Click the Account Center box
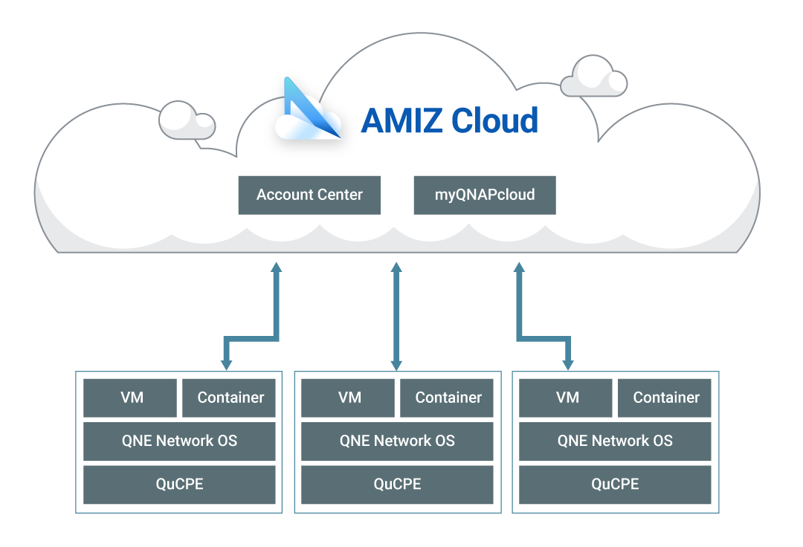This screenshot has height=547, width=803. pos(309,195)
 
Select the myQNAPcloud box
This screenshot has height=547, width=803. pos(485,195)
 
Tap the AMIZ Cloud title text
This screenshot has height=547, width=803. pos(449,120)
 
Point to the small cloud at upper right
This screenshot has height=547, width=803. pos(593,77)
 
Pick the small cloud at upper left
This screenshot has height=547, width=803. pos(187,120)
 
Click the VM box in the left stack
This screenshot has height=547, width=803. pos(131,398)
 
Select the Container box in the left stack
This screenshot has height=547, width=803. pos(230,398)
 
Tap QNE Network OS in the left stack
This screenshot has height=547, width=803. pos(179,441)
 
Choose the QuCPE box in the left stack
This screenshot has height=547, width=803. pos(179,485)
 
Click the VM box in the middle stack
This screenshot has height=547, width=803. pos(349,398)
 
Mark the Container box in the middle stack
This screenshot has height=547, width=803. pos(448,398)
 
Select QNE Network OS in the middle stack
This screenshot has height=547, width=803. pos(397,441)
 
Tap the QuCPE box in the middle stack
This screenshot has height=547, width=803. pos(397,485)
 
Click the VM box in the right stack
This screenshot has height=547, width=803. pos(567,398)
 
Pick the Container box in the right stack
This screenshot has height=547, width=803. pos(665,398)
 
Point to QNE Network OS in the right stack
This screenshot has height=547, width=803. pos(615,441)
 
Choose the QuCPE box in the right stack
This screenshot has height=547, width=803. pos(615,485)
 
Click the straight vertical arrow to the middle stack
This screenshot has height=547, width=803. pos(396,316)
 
